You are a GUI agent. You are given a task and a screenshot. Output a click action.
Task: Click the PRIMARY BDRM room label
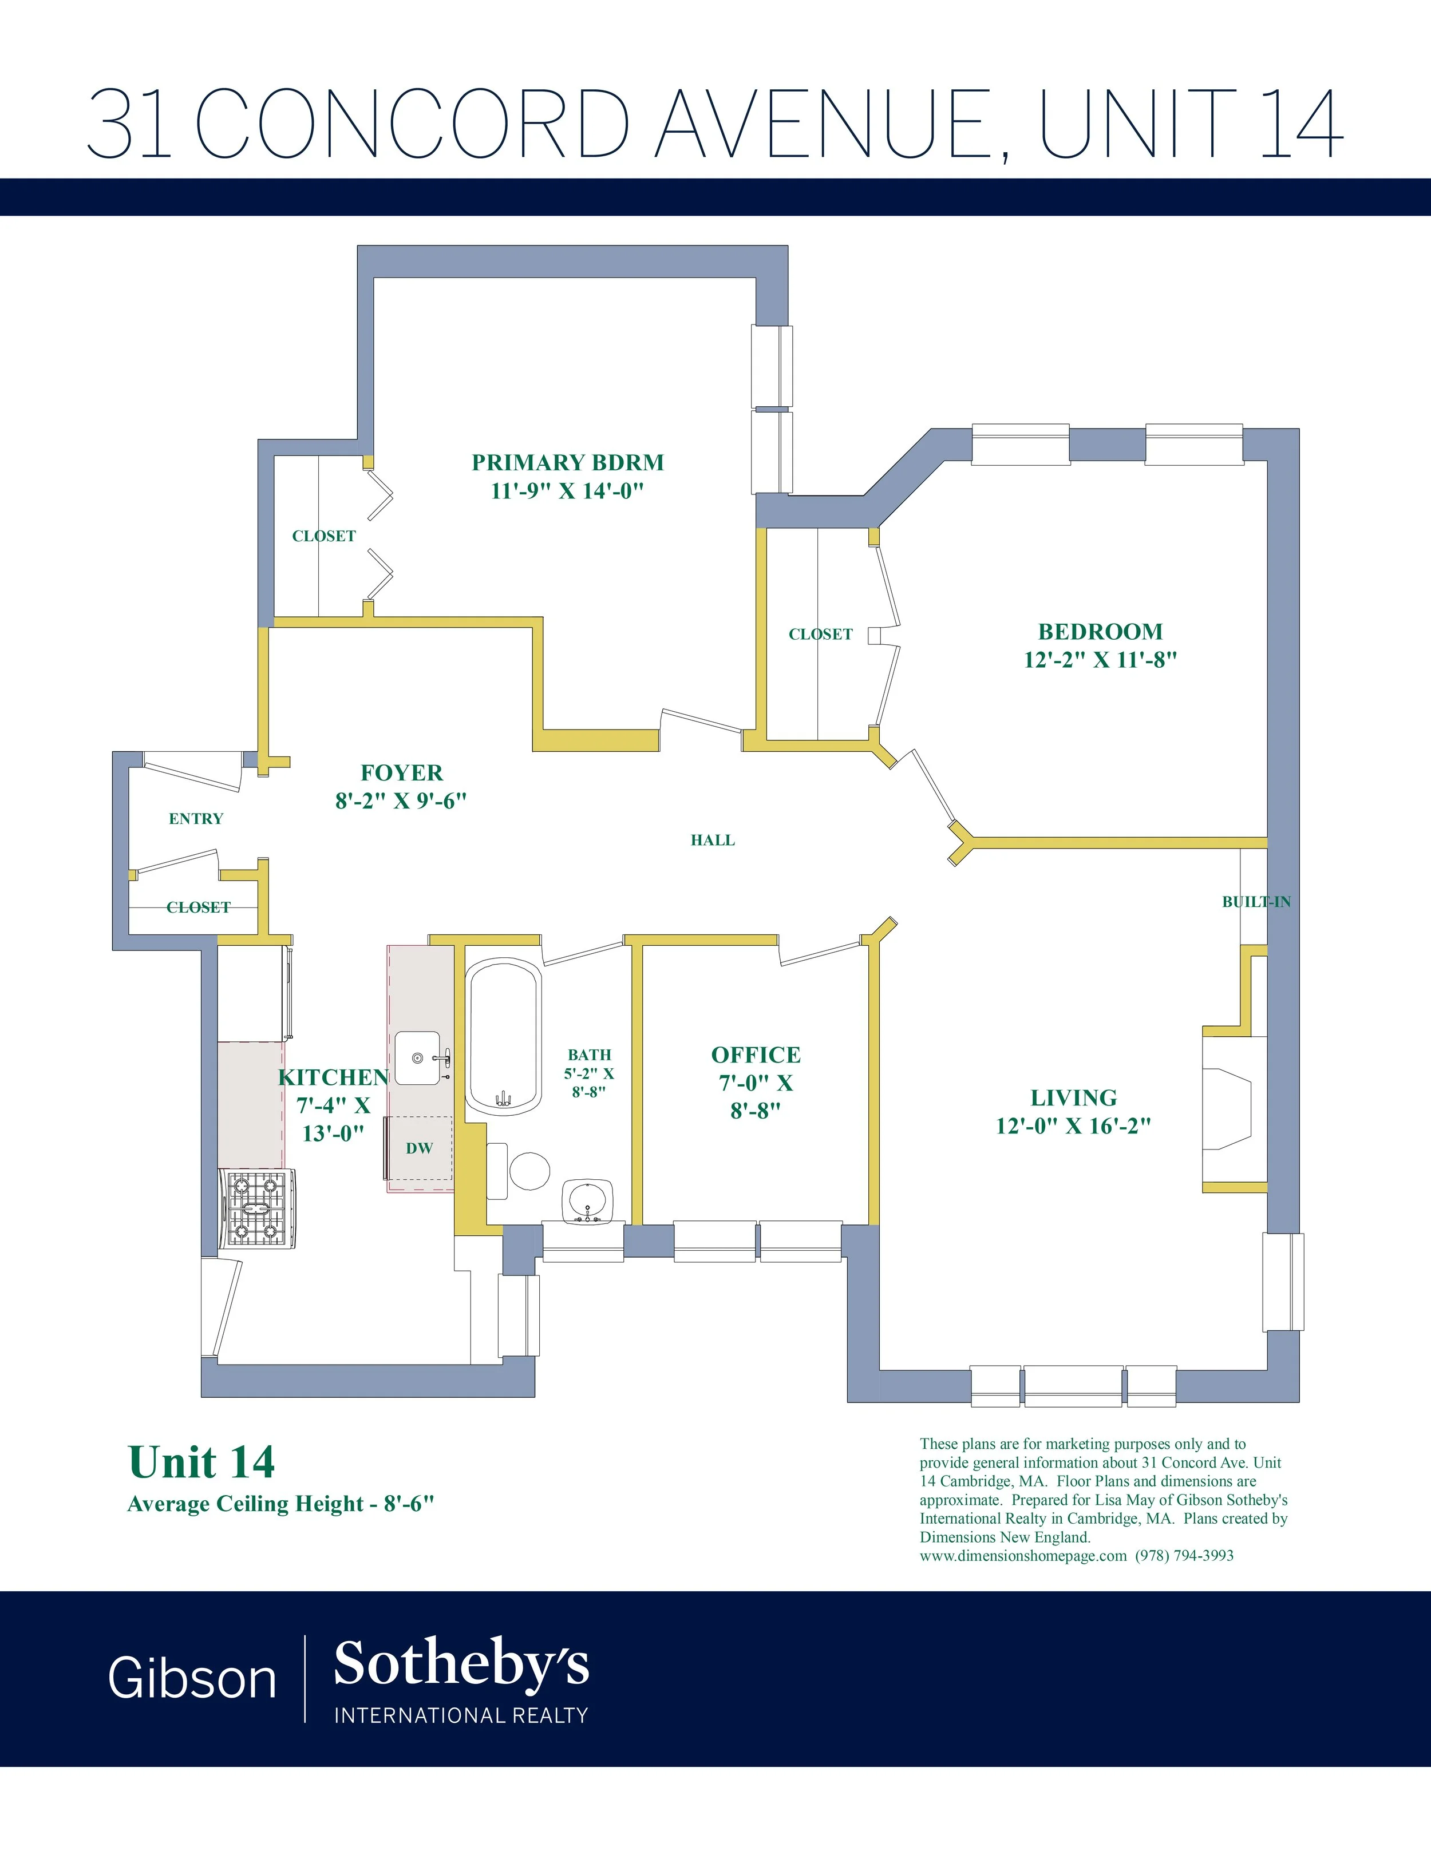pyautogui.click(x=567, y=463)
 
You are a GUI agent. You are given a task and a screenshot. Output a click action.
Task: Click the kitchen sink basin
pyautogui.click(x=418, y=1058)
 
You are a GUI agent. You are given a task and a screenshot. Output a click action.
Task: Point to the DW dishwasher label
pyautogui.click(x=420, y=1148)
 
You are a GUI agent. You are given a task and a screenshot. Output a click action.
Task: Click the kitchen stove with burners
pyautogui.click(x=258, y=1208)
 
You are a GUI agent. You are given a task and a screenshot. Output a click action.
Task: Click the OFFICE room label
pyautogui.click(x=756, y=1055)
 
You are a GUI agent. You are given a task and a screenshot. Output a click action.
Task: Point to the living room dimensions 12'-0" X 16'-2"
pyautogui.click(x=1073, y=1125)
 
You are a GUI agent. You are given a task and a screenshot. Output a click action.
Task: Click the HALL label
pyautogui.click(x=712, y=840)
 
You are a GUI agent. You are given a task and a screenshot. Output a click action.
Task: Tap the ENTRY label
pyautogui.click(x=196, y=819)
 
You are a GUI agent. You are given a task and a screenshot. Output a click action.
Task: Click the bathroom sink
pyautogui.click(x=587, y=1201)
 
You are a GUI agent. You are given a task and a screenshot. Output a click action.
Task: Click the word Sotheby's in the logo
pyautogui.click(x=461, y=1662)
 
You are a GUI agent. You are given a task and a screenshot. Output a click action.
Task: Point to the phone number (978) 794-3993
pyautogui.click(x=1184, y=1555)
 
